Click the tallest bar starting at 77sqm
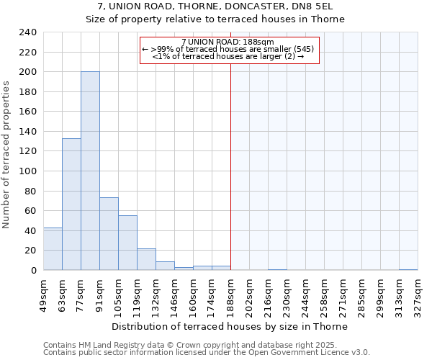(90, 171)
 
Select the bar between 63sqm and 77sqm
(71, 204)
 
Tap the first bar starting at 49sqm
(53, 248)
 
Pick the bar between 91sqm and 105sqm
(109, 233)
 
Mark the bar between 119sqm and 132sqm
(146, 259)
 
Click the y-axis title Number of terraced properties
(7, 155)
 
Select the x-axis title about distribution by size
(230, 326)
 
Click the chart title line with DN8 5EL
(216, 6)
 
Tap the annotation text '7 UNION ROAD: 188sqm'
(228, 42)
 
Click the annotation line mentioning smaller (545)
(228, 49)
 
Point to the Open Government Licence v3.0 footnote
(207, 352)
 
